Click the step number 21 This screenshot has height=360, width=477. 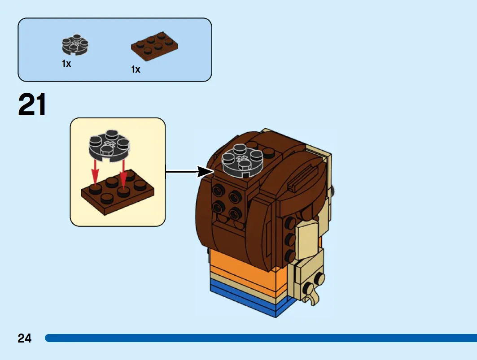[x=32, y=104]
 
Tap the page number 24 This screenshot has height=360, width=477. [x=24, y=338]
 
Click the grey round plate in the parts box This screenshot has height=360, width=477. [x=75, y=45]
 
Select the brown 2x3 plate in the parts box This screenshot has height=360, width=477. [x=154, y=46]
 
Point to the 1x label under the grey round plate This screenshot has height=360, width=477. [x=66, y=64]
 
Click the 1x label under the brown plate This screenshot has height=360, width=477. [x=136, y=69]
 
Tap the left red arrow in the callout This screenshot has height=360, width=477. [x=95, y=173]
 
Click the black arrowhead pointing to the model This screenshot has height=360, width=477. [x=205, y=172]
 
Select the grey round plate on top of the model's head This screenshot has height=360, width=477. [x=242, y=160]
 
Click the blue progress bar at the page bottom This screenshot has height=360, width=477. [x=261, y=338]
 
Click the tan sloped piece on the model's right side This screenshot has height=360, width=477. [x=307, y=240]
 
